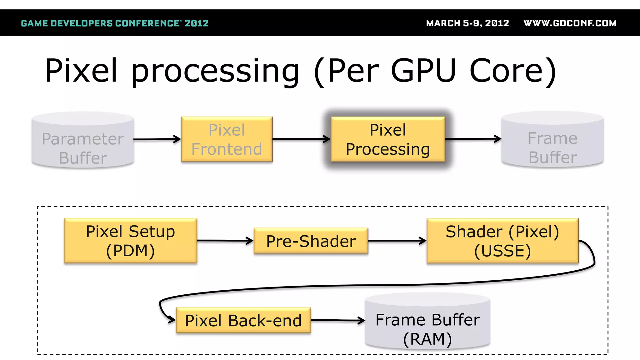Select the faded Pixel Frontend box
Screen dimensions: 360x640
pyautogui.click(x=227, y=139)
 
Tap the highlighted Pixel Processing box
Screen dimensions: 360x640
pyautogui.click(x=388, y=139)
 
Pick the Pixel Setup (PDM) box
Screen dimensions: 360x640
pyautogui.click(x=131, y=241)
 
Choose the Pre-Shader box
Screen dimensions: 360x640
pyautogui.click(x=311, y=241)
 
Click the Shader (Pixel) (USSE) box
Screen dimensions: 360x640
pyautogui.click(x=502, y=241)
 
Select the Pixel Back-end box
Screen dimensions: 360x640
pyautogui.click(x=243, y=320)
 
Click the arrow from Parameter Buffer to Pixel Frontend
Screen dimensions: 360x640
pyautogui.click(x=157, y=139)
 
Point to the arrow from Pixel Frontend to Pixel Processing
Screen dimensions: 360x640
pyautogui.click(x=301, y=139)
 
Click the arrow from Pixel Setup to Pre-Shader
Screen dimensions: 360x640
pyautogui.click(x=225, y=241)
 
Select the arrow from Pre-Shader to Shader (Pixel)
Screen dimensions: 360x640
pyautogui.click(x=397, y=241)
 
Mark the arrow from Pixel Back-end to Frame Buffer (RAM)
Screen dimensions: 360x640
pyautogui.click(x=337, y=320)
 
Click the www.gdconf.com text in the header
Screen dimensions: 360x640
pyautogui.click(x=570, y=23)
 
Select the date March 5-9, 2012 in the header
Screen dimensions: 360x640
pyautogui.click(x=467, y=23)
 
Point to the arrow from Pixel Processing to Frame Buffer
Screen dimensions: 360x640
pyautogui.click(x=473, y=139)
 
